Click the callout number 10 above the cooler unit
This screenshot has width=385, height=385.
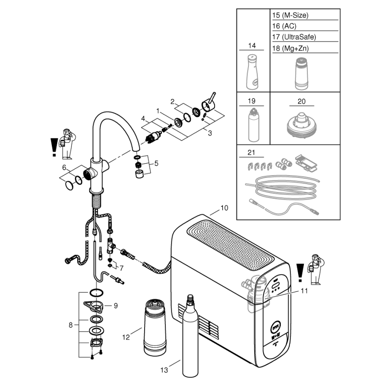click(224, 208)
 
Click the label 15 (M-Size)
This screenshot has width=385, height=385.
click(290, 15)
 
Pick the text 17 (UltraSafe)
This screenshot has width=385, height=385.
click(294, 37)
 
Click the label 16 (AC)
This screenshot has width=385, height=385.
click(284, 26)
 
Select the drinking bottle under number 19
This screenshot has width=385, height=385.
click(253, 123)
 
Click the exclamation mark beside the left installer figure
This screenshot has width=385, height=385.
click(54, 147)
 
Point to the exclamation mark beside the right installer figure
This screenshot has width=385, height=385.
click(300, 271)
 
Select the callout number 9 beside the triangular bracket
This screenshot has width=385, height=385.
click(115, 305)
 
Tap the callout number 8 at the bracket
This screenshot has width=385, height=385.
click(71, 325)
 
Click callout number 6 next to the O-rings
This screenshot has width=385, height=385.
click(64, 168)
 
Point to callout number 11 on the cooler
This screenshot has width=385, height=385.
click(304, 291)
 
